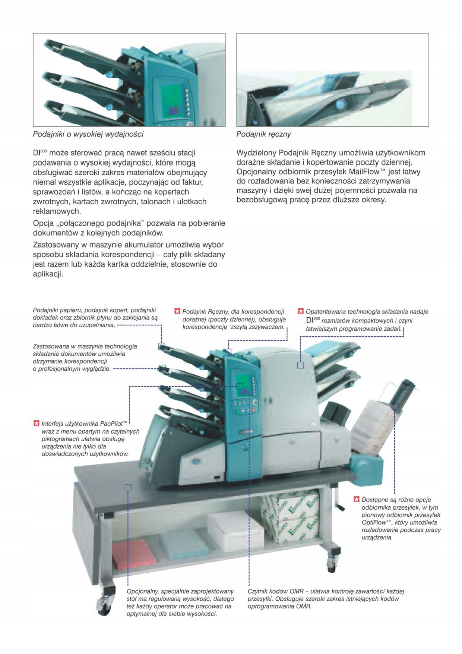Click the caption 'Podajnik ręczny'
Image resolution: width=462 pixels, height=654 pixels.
[264, 134]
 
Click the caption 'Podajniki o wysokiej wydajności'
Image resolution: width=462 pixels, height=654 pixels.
[88, 134]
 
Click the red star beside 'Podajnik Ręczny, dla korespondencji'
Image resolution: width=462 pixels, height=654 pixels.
[177, 311]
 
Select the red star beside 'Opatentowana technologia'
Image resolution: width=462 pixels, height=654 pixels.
[301, 311]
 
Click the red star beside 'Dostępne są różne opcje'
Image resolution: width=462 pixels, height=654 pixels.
[357, 500]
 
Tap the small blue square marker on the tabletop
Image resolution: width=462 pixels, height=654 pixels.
[128, 488]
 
